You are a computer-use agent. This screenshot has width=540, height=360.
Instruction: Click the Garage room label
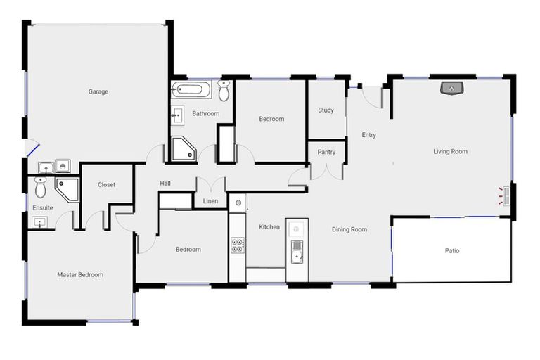tap(98, 91)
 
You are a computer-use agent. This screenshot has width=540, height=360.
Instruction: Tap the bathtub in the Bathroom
tap(190, 90)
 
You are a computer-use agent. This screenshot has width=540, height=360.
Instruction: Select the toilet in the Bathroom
tap(224, 91)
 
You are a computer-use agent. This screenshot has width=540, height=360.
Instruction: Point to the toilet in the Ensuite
tap(40, 187)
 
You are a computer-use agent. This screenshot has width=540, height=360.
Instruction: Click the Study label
tap(326, 110)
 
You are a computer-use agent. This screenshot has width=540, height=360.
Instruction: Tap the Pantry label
tap(326, 152)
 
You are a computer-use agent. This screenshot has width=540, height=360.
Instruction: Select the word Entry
tap(368, 135)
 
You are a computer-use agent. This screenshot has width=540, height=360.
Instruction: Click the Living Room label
tap(450, 151)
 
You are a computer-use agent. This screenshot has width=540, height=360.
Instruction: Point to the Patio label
tap(452, 250)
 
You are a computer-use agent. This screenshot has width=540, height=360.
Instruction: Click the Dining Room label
tap(349, 229)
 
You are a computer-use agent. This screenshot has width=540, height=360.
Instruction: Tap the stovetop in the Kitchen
tap(238, 245)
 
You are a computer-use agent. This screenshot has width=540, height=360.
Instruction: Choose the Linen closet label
tap(210, 201)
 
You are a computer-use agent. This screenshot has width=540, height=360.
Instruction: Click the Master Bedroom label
tap(80, 275)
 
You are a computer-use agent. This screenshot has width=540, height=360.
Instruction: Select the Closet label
tap(106, 185)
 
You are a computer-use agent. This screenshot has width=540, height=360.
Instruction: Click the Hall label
tap(165, 184)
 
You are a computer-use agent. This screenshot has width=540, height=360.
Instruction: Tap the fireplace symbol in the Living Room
tap(451, 88)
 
